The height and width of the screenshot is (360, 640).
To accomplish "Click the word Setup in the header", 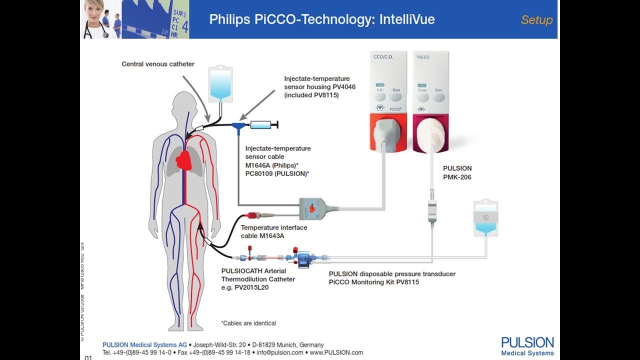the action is click(536, 20).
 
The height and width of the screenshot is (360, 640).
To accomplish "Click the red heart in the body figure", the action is click(184, 159).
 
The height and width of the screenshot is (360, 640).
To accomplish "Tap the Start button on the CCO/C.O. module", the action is click(396, 96).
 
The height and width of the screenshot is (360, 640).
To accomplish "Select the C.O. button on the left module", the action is click(380, 96).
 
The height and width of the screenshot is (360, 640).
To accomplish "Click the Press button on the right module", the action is click(422, 96).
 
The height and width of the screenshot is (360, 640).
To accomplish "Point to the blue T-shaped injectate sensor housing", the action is click(238, 127).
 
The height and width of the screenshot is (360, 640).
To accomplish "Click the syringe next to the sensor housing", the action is click(262, 125).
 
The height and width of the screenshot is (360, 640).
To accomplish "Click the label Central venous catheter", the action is click(158, 64).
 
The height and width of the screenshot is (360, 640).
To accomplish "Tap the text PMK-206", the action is click(457, 177).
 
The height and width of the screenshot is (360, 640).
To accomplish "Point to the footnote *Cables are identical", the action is click(248, 323).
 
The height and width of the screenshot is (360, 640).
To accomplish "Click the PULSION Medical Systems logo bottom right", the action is click(527, 346).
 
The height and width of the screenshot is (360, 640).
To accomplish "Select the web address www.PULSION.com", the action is click(336, 352).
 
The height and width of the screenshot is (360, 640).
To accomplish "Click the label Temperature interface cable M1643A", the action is click(274, 231).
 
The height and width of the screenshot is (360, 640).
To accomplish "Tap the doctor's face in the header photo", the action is click(94, 10).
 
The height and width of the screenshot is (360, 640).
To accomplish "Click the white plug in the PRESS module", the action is click(430, 132).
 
